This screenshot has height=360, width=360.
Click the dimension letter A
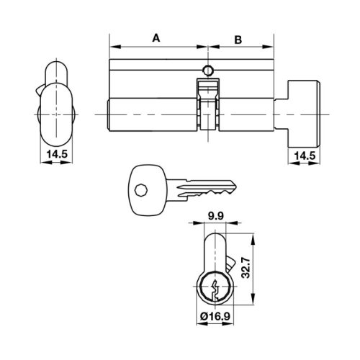coord(156,39)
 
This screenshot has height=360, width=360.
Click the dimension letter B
coord(238,39)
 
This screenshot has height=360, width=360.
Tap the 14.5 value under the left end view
coord(53,153)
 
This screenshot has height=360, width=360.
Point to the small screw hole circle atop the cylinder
coord(208,71)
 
